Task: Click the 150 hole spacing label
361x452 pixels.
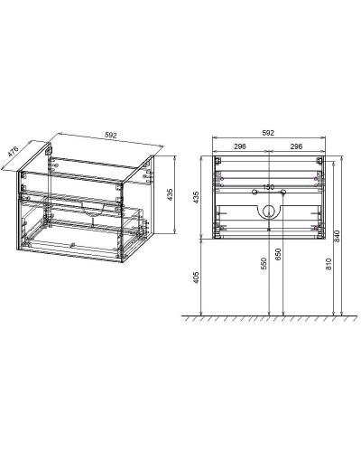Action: coord(268,187)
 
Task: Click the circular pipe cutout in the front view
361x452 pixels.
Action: coord(268,211)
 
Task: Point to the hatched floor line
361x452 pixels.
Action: coord(267,318)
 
